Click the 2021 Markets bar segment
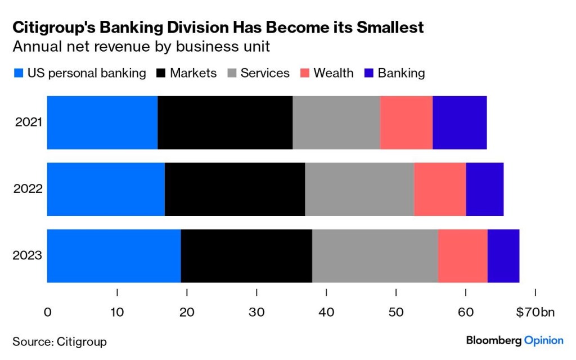[225, 123]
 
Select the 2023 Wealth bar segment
[462, 256]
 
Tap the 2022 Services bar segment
[359, 189]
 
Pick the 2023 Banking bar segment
[503, 256]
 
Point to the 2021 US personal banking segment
[102, 123]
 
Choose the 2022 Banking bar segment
[485, 189]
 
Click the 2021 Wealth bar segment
[406, 123]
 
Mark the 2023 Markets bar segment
[246, 256]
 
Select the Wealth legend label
[334, 73]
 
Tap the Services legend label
[265, 73]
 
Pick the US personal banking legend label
[87, 73]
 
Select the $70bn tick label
[534, 312]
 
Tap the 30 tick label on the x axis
[256, 312]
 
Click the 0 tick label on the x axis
[47, 312]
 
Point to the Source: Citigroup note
[59, 341]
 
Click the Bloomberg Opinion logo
[514, 340]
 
